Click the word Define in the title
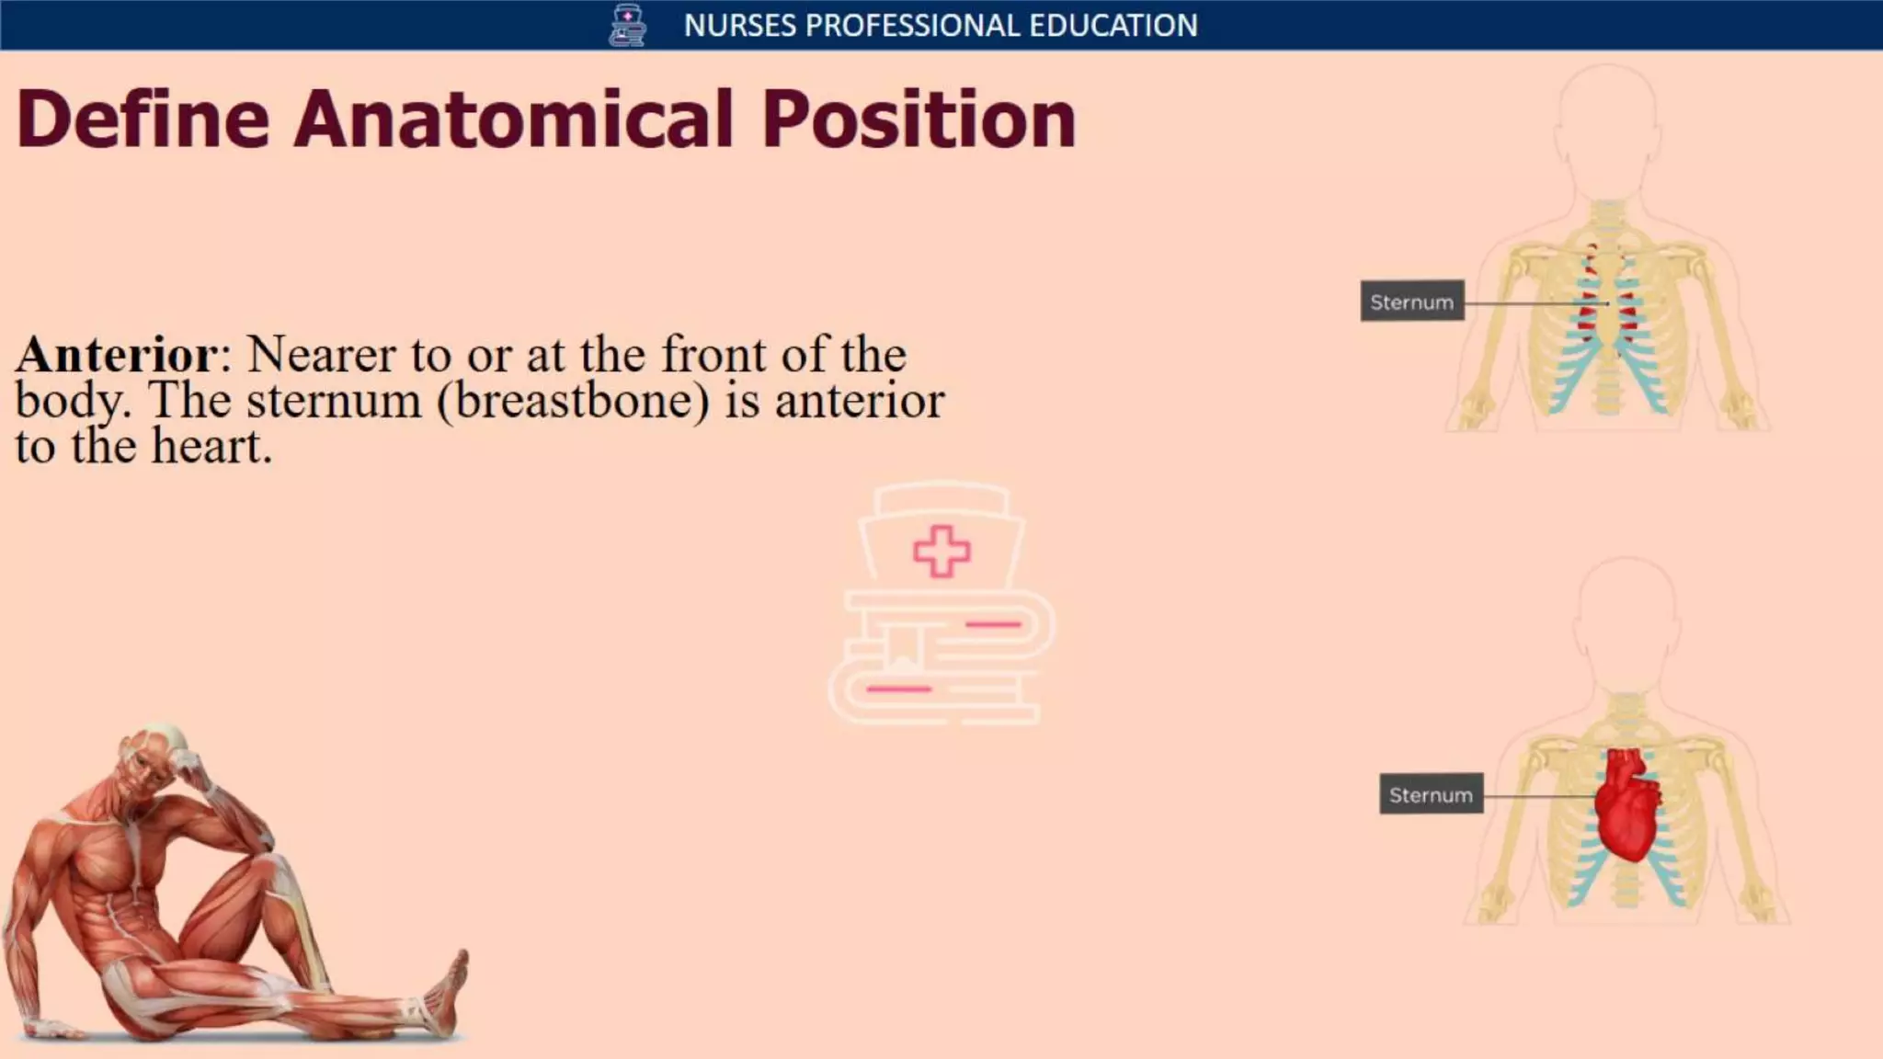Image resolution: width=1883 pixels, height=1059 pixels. (x=143, y=120)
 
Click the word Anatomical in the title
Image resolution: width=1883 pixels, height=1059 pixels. (x=513, y=120)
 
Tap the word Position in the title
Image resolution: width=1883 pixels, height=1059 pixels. (x=918, y=120)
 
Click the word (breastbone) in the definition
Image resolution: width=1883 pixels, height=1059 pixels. (x=574, y=401)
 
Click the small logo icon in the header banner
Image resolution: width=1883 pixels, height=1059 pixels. (x=627, y=25)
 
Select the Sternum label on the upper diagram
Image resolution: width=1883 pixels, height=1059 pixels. (x=1411, y=302)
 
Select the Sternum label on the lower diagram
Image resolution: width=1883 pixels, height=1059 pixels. (x=1431, y=794)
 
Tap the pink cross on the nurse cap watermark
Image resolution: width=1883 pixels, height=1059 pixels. (x=941, y=552)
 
